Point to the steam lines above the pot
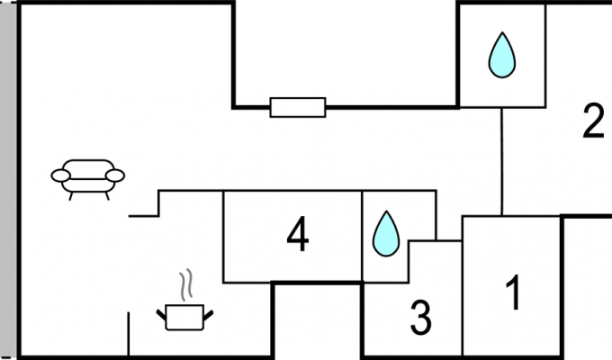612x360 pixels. pyautogui.click(x=186, y=284)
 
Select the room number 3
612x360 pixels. pyautogui.click(x=421, y=319)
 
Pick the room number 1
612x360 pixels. pyautogui.click(x=514, y=292)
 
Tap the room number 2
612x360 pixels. pyautogui.click(x=593, y=121)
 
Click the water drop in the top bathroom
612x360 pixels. pyautogui.click(x=502, y=55)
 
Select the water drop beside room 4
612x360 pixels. pyautogui.click(x=386, y=234)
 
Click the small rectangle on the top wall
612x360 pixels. pyautogui.click(x=298, y=107)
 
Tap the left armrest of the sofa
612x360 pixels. pyautogui.click(x=60, y=175)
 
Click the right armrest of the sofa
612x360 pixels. pyautogui.click(x=115, y=175)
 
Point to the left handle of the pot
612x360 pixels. pyautogui.click(x=162, y=315)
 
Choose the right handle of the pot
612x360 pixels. pyautogui.click(x=208, y=315)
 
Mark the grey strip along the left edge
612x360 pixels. pyautogui.click(x=8, y=180)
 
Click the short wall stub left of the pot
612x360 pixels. pyautogui.click(x=129, y=334)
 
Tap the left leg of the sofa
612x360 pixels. pyautogui.click(x=71, y=196)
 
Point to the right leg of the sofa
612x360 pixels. pyautogui.click(x=107, y=196)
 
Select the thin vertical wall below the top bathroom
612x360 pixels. pyautogui.click(x=502, y=161)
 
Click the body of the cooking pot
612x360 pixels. pyautogui.click(x=184, y=318)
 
